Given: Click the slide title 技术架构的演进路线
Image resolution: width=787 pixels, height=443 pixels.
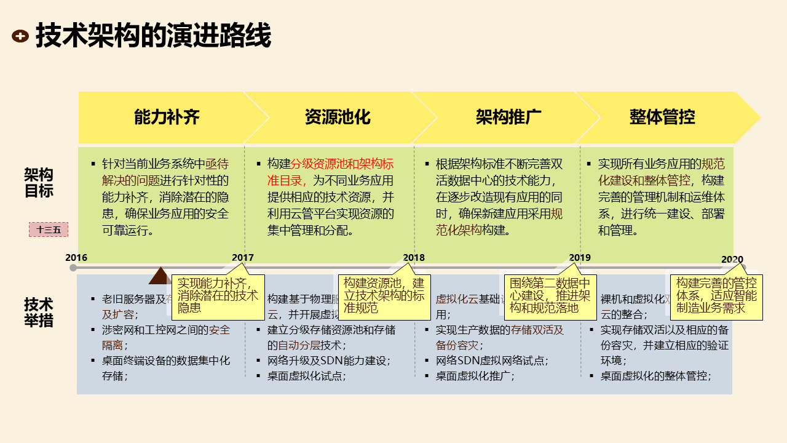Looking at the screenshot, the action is click(x=153, y=36).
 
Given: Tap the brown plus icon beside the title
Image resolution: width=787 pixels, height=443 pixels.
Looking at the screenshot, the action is click(x=20, y=36).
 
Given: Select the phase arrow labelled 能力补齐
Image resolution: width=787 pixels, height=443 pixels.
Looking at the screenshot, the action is click(x=167, y=117).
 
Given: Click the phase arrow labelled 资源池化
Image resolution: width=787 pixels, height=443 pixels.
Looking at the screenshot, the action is click(x=338, y=117).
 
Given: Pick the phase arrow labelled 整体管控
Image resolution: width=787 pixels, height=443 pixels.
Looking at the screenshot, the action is click(x=662, y=117).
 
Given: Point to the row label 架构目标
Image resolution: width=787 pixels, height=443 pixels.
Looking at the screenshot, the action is click(x=39, y=183).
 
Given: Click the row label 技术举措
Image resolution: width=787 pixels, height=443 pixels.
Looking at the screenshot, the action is click(x=39, y=313).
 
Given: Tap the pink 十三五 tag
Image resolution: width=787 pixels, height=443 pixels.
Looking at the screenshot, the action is click(x=49, y=229).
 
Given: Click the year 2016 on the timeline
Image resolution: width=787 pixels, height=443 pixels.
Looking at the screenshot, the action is click(x=76, y=257).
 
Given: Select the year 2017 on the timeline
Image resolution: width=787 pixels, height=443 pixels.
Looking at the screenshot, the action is click(x=242, y=258).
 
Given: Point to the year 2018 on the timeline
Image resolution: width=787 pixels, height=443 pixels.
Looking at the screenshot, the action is click(x=414, y=258).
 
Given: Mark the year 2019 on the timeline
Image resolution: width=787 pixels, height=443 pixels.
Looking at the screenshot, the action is click(x=580, y=258).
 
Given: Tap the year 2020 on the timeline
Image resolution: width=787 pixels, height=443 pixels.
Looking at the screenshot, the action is click(x=732, y=259).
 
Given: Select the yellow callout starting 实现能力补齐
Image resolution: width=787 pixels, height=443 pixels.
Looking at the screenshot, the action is click(x=218, y=296).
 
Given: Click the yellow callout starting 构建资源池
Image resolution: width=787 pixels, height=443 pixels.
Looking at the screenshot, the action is click(x=384, y=296).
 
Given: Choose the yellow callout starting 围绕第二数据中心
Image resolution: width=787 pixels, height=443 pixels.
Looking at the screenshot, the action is click(x=550, y=296).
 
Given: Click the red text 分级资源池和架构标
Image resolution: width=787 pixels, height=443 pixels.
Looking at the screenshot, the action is click(x=342, y=164).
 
